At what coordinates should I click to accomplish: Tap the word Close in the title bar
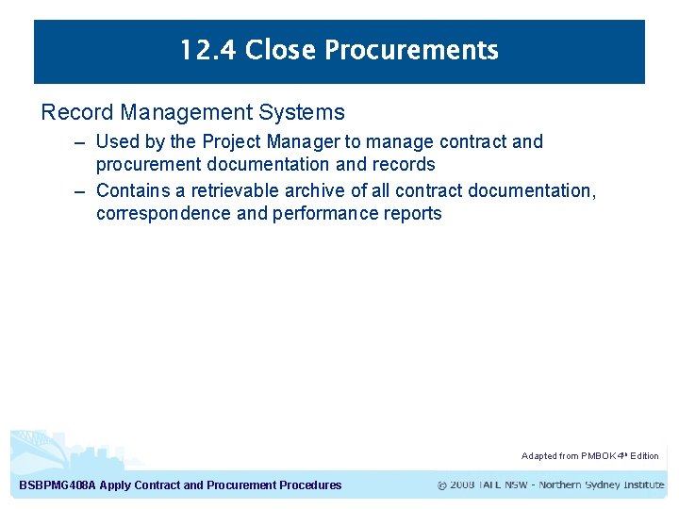(x=279, y=50)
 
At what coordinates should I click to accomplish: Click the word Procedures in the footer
(x=310, y=485)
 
